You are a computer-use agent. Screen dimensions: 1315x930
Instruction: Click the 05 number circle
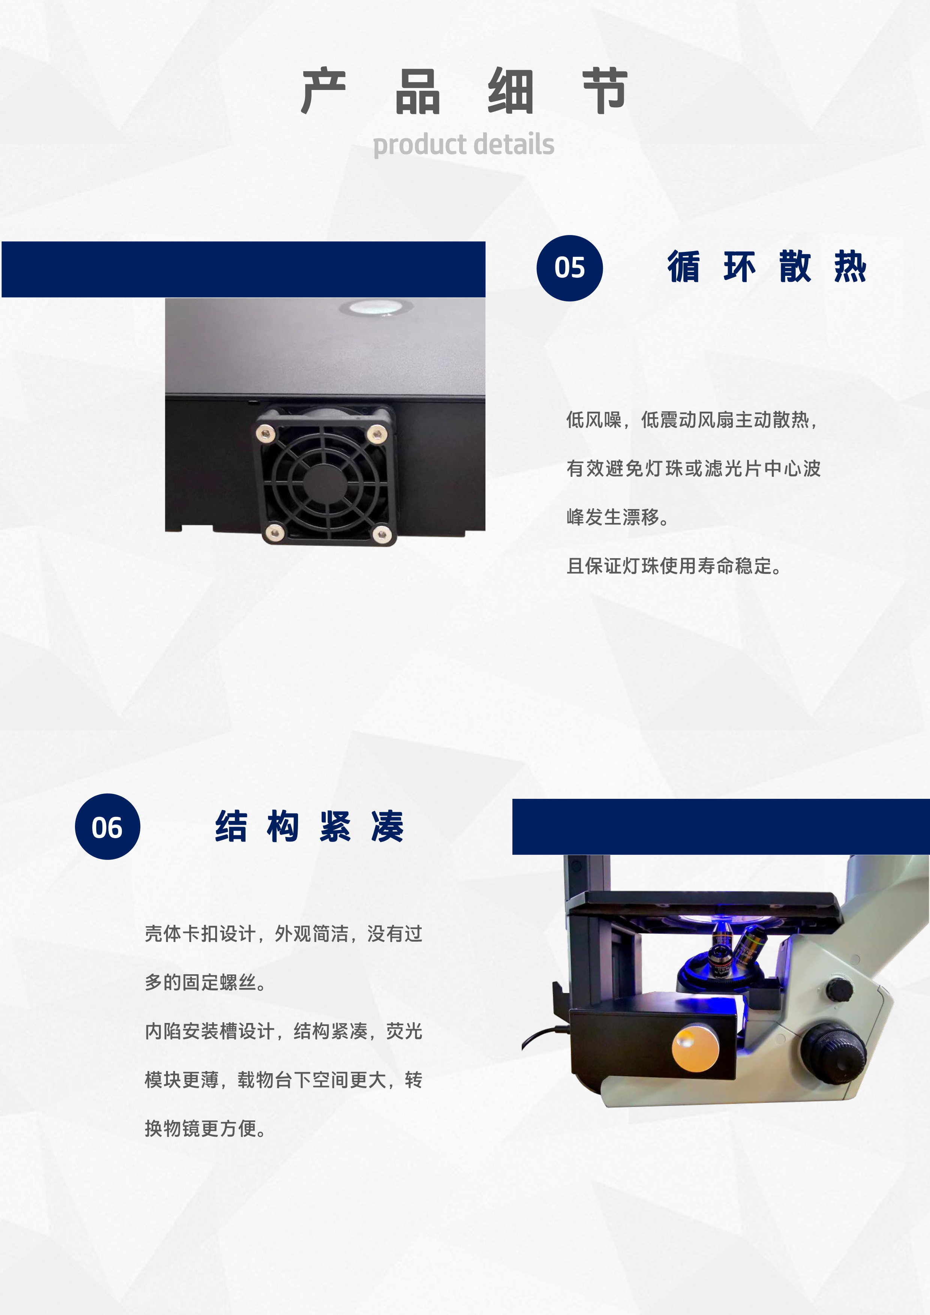(569, 268)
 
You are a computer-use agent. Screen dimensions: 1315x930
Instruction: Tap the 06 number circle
(107, 827)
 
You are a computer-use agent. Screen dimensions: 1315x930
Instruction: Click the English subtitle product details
(463, 144)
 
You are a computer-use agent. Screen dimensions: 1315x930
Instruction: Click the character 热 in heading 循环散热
(850, 267)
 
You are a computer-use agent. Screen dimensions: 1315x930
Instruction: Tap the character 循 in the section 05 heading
(684, 267)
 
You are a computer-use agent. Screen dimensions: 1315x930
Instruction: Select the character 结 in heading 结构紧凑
(231, 827)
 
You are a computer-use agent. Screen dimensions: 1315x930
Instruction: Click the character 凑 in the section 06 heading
(388, 827)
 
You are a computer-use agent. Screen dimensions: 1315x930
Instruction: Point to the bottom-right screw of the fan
(382, 535)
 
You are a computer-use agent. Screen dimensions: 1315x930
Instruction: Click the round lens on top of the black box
(375, 307)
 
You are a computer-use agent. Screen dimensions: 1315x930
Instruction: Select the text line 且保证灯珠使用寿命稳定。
(674, 566)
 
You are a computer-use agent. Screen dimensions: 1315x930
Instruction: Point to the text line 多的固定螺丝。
(205, 982)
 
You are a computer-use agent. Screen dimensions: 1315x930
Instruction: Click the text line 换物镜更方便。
(205, 1128)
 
